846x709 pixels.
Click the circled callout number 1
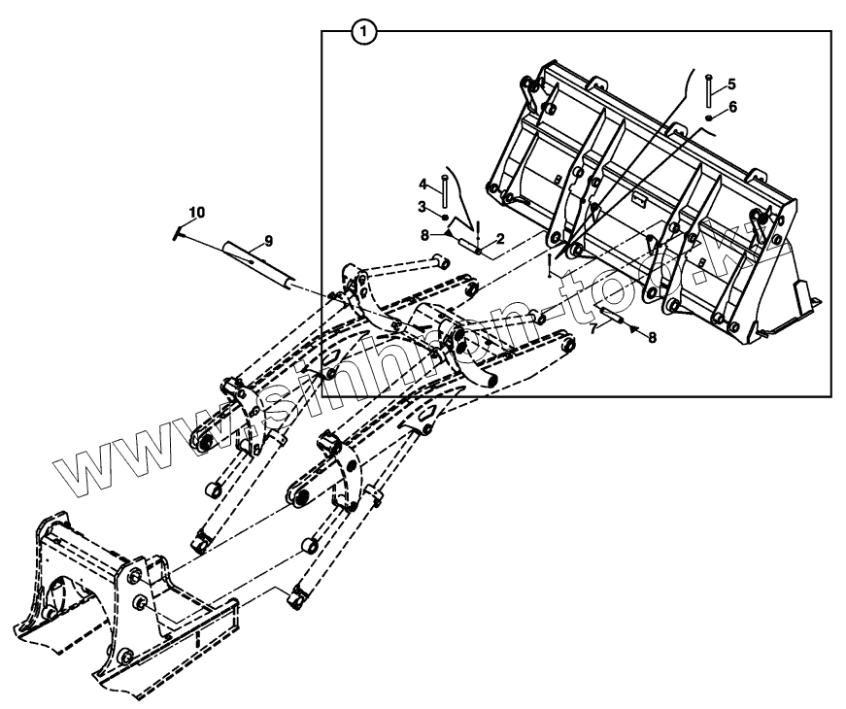click(x=362, y=32)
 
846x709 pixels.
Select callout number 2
click(x=499, y=238)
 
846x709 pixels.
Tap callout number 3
click(x=423, y=206)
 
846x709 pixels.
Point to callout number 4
click(x=423, y=184)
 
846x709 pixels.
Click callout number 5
click(x=732, y=84)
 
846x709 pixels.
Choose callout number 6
click(x=732, y=106)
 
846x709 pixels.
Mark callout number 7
click(x=592, y=329)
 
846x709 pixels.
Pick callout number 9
click(x=268, y=240)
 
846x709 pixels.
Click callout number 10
click(x=197, y=212)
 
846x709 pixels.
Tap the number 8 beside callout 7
click(x=653, y=337)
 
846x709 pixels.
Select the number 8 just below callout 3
click(x=423, y=233)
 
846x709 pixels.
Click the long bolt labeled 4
click(x=444, y=189)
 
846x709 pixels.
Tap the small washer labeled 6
click(x=710, y=118)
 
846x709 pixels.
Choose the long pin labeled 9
click(x=259, y=259)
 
